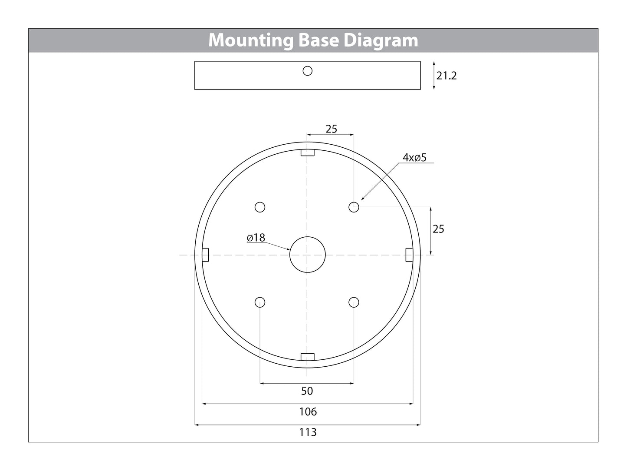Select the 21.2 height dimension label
pos(446,76)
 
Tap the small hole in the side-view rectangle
pos(308,71)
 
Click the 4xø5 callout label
pos(414,158)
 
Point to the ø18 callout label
pos(256,238)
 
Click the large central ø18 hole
pos(308,255)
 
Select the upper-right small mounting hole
pos(354,207)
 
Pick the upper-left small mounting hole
pos(260,207)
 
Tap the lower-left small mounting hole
pos(260,302)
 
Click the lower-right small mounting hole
pos(354,302)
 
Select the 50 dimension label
pos(307,391)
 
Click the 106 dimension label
pos(308,411)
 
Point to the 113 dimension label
pos(308,432)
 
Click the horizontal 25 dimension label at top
pos(332,129)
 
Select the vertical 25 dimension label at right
pos(438,229)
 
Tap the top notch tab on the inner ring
pos(308,153)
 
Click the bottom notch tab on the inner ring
pos(308,357)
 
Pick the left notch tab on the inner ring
pos(206,255)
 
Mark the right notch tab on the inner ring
pos(409,255)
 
